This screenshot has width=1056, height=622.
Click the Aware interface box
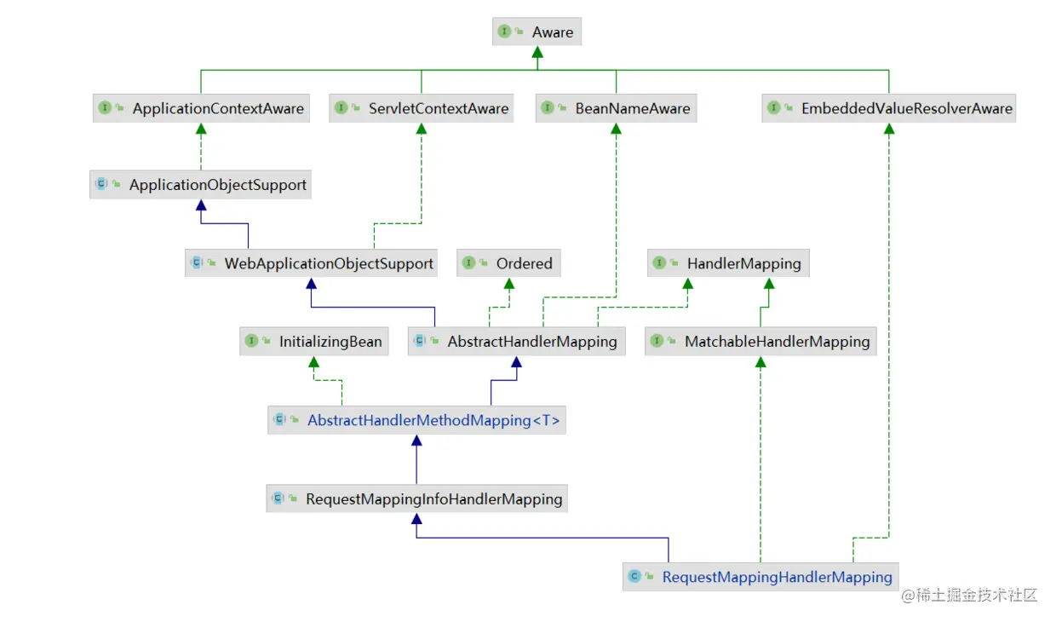click(537, 32)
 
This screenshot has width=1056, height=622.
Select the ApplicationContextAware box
click(200, 108)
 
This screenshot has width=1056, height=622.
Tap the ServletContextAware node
click(421, 108)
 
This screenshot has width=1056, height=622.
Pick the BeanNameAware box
click(616, 108)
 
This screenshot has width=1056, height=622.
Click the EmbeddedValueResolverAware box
click(888, 108)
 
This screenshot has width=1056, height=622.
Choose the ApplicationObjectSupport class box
click(200, 184)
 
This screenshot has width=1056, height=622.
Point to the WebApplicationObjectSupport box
click(312, 263)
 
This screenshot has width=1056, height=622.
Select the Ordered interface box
click(509, 263)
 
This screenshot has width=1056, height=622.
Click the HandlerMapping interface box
click(728, 263)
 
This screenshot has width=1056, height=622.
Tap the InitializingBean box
click(313, 342)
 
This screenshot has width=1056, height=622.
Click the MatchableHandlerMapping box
click(760, 342)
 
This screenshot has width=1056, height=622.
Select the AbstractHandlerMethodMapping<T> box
click(416, 420)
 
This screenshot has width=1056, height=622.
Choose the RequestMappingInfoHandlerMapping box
click(416, 498)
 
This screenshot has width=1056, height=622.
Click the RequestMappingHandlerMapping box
click(760, 577)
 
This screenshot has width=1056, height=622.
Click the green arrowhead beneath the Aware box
click(537, 53)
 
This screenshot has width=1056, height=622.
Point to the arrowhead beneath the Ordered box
click(509, 285)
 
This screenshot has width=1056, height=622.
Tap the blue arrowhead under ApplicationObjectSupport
click(200, 206)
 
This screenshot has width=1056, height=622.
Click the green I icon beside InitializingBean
click(252, 342)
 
